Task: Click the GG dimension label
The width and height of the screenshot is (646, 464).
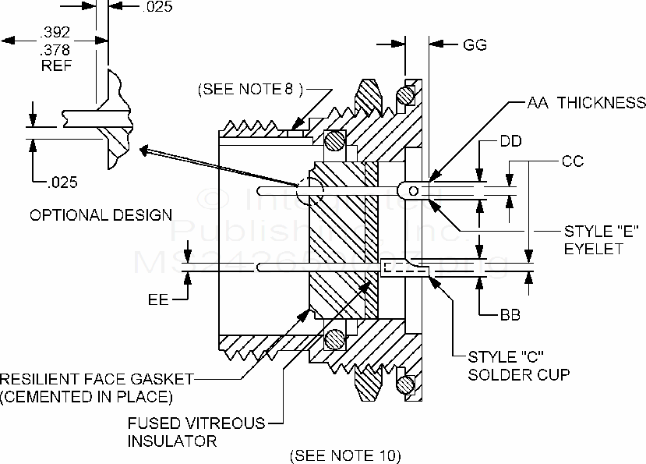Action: (x=475, y=45)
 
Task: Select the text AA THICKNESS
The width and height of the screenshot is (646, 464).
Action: (x=586, y=103)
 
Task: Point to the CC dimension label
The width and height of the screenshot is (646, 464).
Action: (x=573, y=162)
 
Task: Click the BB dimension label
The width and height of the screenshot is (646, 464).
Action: (x=510, y=316)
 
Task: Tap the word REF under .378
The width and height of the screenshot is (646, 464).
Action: (x=56, y=66)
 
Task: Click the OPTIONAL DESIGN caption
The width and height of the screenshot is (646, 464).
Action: (x=101, y=214)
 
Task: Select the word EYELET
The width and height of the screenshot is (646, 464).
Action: (x=595, y=249)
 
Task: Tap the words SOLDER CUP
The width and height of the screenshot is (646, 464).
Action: (x=518, y=374)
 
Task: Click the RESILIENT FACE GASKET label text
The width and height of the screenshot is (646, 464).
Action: (x=96, y=379)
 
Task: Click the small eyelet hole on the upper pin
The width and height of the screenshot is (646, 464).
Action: (x=412, y=188)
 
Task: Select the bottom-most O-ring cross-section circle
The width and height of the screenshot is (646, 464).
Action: (x=405, y=384)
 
